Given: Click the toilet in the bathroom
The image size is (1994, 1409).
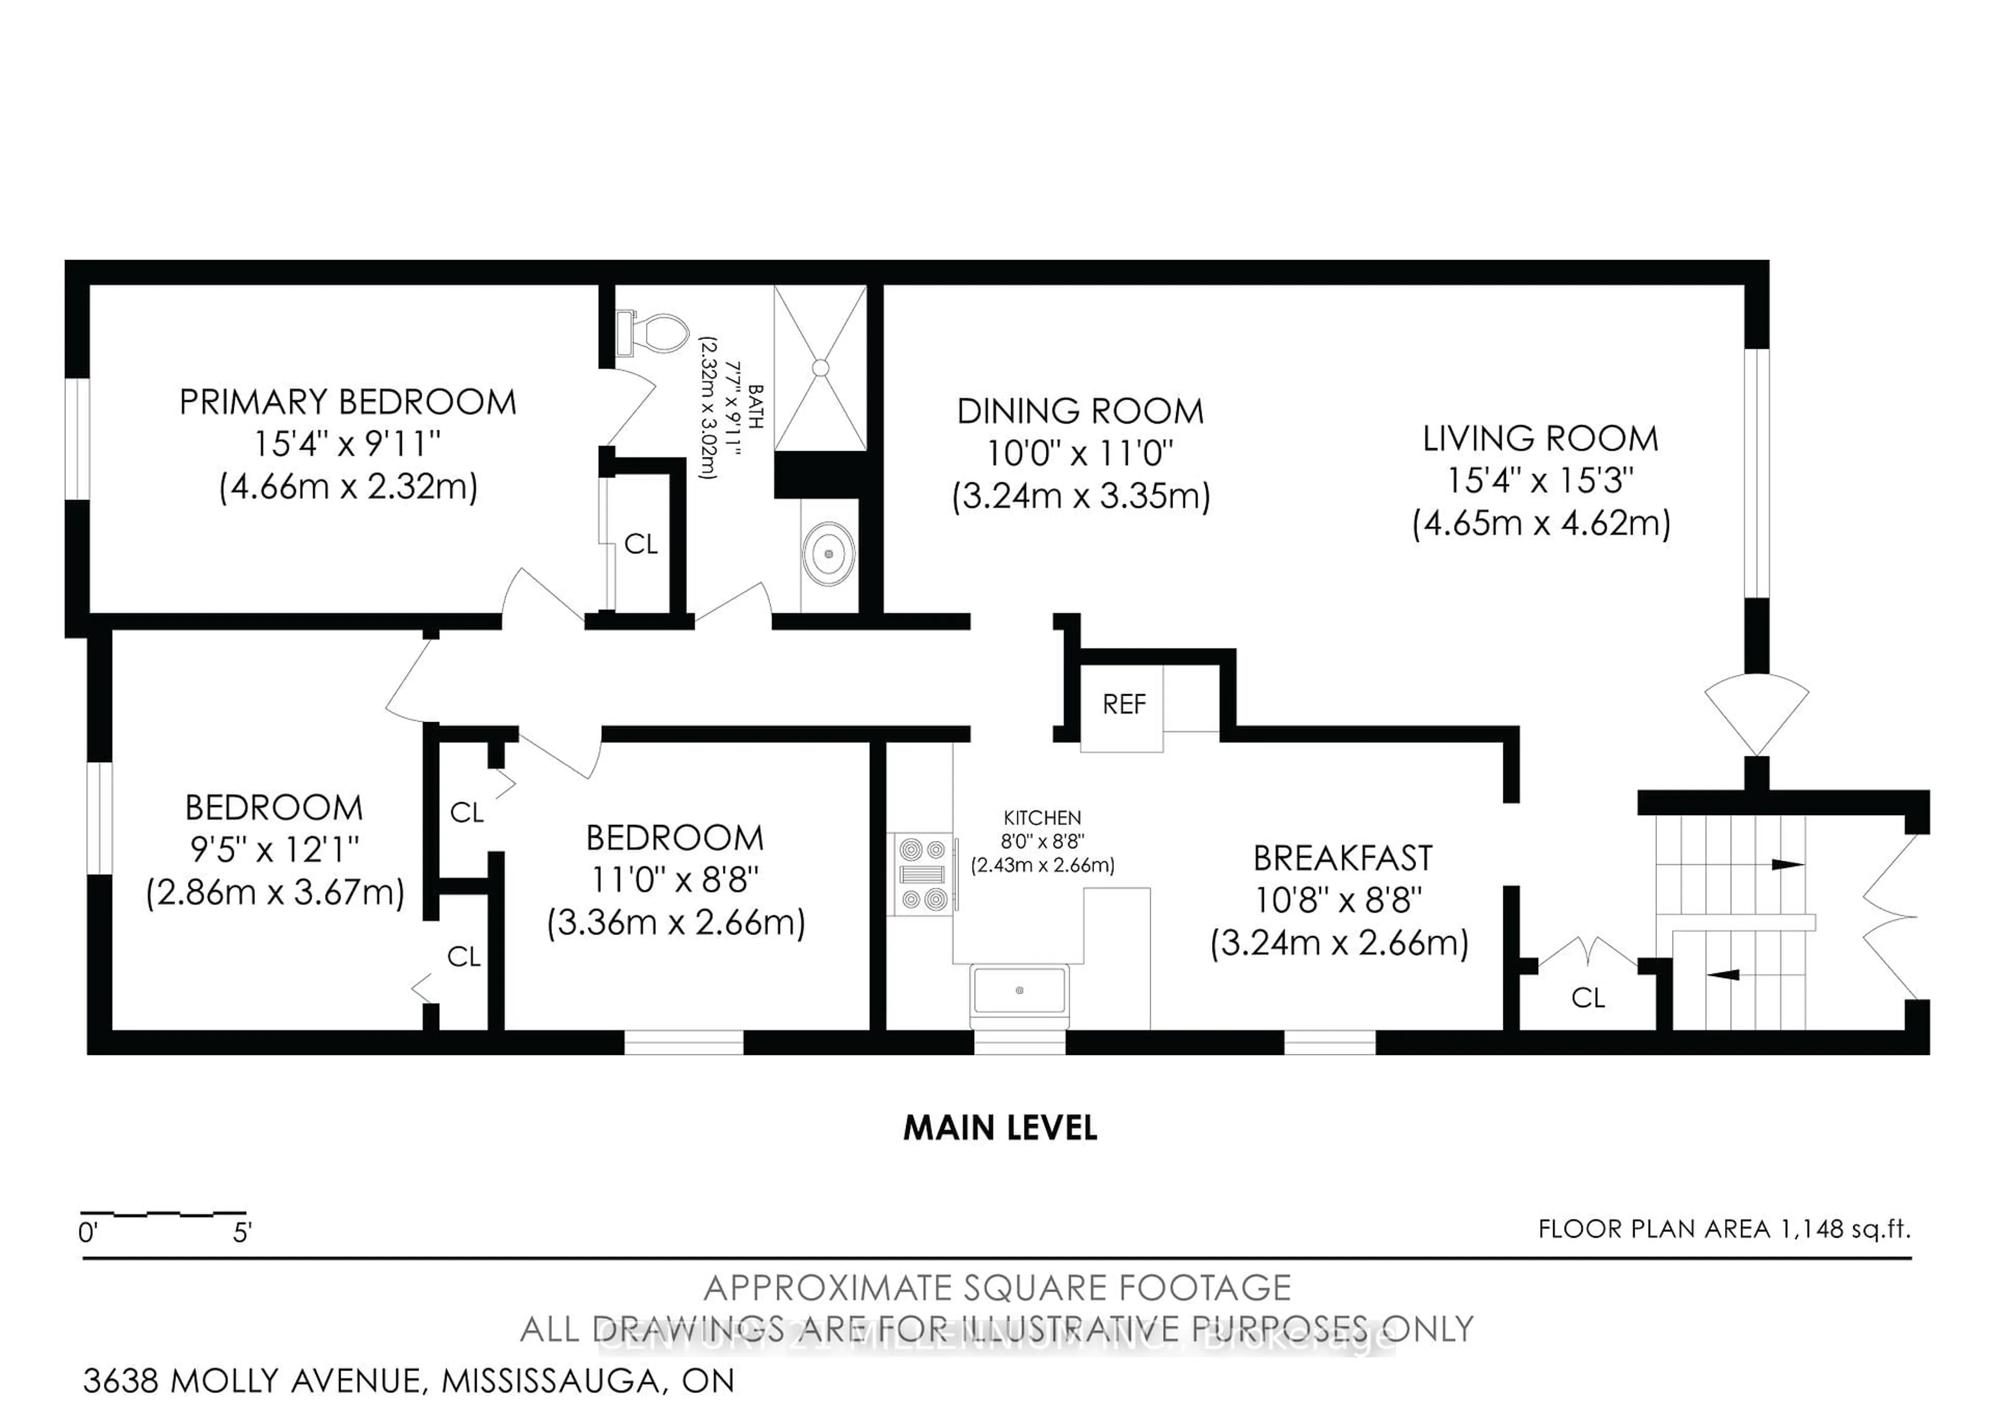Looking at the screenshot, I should tap(656, 333).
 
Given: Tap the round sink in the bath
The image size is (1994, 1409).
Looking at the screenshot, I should tap(829, 553).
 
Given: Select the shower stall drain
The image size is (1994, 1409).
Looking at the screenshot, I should tap(820, 368).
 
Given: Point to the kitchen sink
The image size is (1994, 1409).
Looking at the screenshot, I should tap(1019, 990).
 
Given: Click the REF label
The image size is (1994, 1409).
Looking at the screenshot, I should tap(1124, 704).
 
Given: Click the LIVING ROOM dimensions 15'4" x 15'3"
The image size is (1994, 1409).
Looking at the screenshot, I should tap(1540, 480).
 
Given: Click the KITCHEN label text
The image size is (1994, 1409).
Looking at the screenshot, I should tap(1042, 818).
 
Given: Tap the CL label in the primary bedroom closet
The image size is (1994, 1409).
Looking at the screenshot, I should tap(641, 544).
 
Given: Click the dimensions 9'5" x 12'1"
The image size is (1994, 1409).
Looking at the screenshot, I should tap(275, 850).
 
